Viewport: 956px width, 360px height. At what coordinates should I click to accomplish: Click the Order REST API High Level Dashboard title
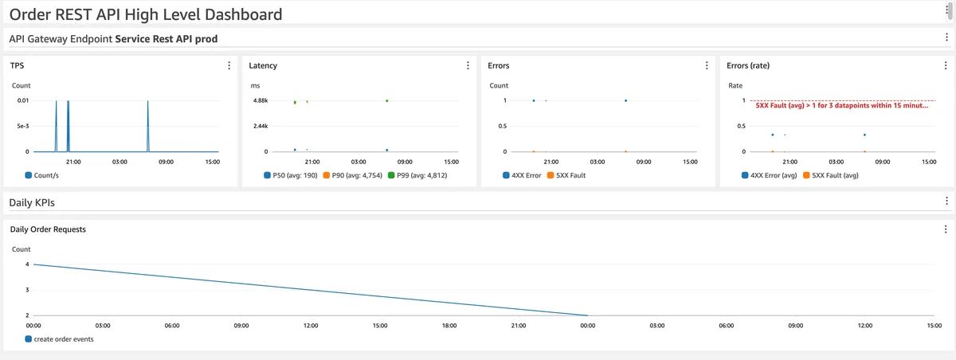(146, 14)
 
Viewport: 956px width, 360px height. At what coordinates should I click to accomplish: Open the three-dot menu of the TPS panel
(229, 65)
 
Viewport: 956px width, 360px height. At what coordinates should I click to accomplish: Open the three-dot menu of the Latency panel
(468, 65)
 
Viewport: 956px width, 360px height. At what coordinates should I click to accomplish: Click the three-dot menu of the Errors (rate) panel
(946, 65)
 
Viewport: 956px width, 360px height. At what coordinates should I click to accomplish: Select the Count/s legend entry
(46, 174)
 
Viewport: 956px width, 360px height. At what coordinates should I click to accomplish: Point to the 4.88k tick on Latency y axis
(261, 100)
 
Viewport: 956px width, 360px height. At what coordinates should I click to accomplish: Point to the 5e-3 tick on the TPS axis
(22, 126)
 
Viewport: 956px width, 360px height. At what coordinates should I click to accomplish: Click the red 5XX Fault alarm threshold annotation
(841, 105)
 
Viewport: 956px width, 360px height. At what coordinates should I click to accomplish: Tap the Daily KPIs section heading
(31, 202)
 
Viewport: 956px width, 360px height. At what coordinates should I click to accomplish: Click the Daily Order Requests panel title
(48, 229)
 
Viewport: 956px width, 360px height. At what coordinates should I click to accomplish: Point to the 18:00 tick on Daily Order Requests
(449, 326)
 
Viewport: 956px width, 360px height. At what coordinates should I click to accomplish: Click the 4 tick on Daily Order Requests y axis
(27, 264)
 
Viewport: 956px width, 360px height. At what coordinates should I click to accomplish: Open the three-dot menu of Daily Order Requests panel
(946, 229)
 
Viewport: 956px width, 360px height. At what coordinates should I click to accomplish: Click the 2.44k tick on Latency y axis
(261, 126)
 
